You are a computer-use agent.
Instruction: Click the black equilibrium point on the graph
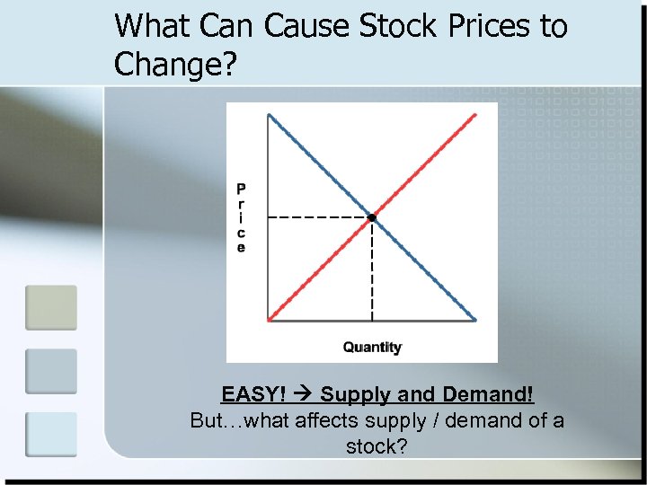(x=371, y=217)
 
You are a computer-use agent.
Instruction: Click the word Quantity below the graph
(x=372, y=348)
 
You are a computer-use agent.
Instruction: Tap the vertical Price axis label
(x=241, y=218)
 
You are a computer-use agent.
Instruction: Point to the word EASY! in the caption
(x=254, y=394)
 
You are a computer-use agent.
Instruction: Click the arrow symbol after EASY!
(x=303, y=394)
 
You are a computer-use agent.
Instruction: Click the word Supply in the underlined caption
(x=352, y=394)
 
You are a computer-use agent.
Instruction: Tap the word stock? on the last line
(x=377, y=445)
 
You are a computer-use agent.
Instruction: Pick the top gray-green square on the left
(x=51, y=308)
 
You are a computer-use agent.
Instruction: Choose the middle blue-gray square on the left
(x=51, y=371)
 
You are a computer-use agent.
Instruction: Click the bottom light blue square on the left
(x=51, y=434)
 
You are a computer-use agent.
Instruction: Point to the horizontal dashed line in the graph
(x=319, y=217)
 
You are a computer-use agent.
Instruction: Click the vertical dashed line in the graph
(x=372, y=269)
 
